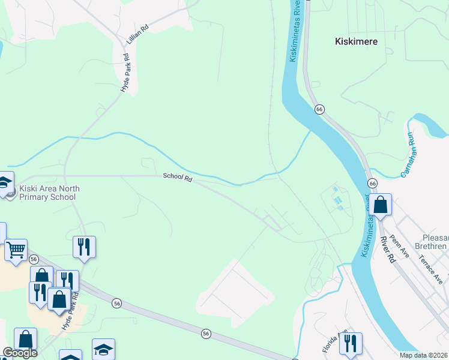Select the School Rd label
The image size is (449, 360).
[177, 178]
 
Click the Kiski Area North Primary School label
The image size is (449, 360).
[49, 193]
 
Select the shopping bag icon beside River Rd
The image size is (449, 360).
[381, 205]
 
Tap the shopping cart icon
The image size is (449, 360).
[16, 249]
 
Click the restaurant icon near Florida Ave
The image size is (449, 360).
[351, 343]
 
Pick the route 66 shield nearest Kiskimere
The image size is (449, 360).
[319, 109]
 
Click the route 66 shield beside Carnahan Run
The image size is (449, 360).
[373, 182]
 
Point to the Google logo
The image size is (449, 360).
[20, 353]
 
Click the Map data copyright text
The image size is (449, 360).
[423, 355]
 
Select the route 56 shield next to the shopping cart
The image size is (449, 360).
[34, 259]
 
